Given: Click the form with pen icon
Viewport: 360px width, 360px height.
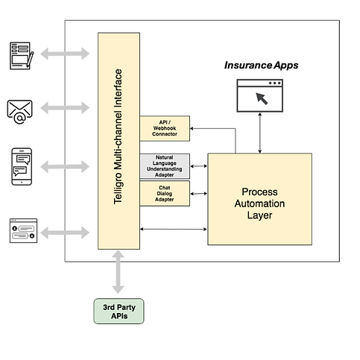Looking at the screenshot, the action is click(22, 56).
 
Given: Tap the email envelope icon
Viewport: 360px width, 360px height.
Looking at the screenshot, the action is click(19, 112).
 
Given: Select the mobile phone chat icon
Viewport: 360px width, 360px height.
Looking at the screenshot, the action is click(22, 166).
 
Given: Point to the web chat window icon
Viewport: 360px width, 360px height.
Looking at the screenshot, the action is click(23, 230).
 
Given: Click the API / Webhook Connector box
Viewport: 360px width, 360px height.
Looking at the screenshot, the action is click(165, 128).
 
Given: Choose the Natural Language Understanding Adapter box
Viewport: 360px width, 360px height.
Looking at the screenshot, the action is click(165, 166).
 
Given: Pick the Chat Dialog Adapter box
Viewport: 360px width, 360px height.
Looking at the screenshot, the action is click(165, 194).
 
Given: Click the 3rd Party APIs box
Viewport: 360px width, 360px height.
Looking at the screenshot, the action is click(119, 312).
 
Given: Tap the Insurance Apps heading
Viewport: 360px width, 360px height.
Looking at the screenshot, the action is click(261, 66).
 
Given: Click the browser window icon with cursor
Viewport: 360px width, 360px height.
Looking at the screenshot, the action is click(260, 95).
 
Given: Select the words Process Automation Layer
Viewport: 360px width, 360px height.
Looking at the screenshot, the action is click(259, 203).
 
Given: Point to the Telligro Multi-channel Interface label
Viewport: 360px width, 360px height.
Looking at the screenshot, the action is click(118, 136).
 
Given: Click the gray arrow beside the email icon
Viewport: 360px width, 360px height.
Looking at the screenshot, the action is click(65, 108).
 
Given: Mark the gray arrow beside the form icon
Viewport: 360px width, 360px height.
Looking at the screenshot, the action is click(65, 54).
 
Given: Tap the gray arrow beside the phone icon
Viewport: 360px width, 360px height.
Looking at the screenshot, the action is click(65, 166).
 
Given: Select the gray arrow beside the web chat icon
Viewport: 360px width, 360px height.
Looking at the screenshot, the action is click(65, 233).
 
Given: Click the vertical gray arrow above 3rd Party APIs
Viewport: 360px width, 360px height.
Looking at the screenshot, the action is click(118, 272).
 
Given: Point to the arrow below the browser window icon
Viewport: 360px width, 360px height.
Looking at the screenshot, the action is click(260, 133).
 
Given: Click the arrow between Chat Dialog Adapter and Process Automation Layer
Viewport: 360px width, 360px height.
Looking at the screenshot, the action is click(199, 194).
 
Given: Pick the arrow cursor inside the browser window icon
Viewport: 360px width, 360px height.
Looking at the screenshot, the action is click(262, 98).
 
